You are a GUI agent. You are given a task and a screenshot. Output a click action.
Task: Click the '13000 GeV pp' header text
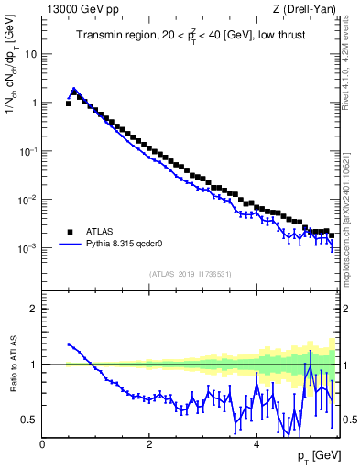82,9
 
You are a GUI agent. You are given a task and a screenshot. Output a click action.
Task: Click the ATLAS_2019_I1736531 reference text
191,274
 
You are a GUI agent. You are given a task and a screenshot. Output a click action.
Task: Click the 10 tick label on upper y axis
29,54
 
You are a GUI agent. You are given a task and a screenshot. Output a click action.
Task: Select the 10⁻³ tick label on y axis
27,248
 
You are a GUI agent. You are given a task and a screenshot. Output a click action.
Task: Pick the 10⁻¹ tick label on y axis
27,151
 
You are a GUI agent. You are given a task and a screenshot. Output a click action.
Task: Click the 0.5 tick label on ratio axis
30,420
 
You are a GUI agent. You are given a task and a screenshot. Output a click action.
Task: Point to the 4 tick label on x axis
256,444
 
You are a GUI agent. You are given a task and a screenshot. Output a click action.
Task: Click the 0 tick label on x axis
43,444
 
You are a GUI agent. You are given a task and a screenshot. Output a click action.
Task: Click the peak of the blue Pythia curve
74,89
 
